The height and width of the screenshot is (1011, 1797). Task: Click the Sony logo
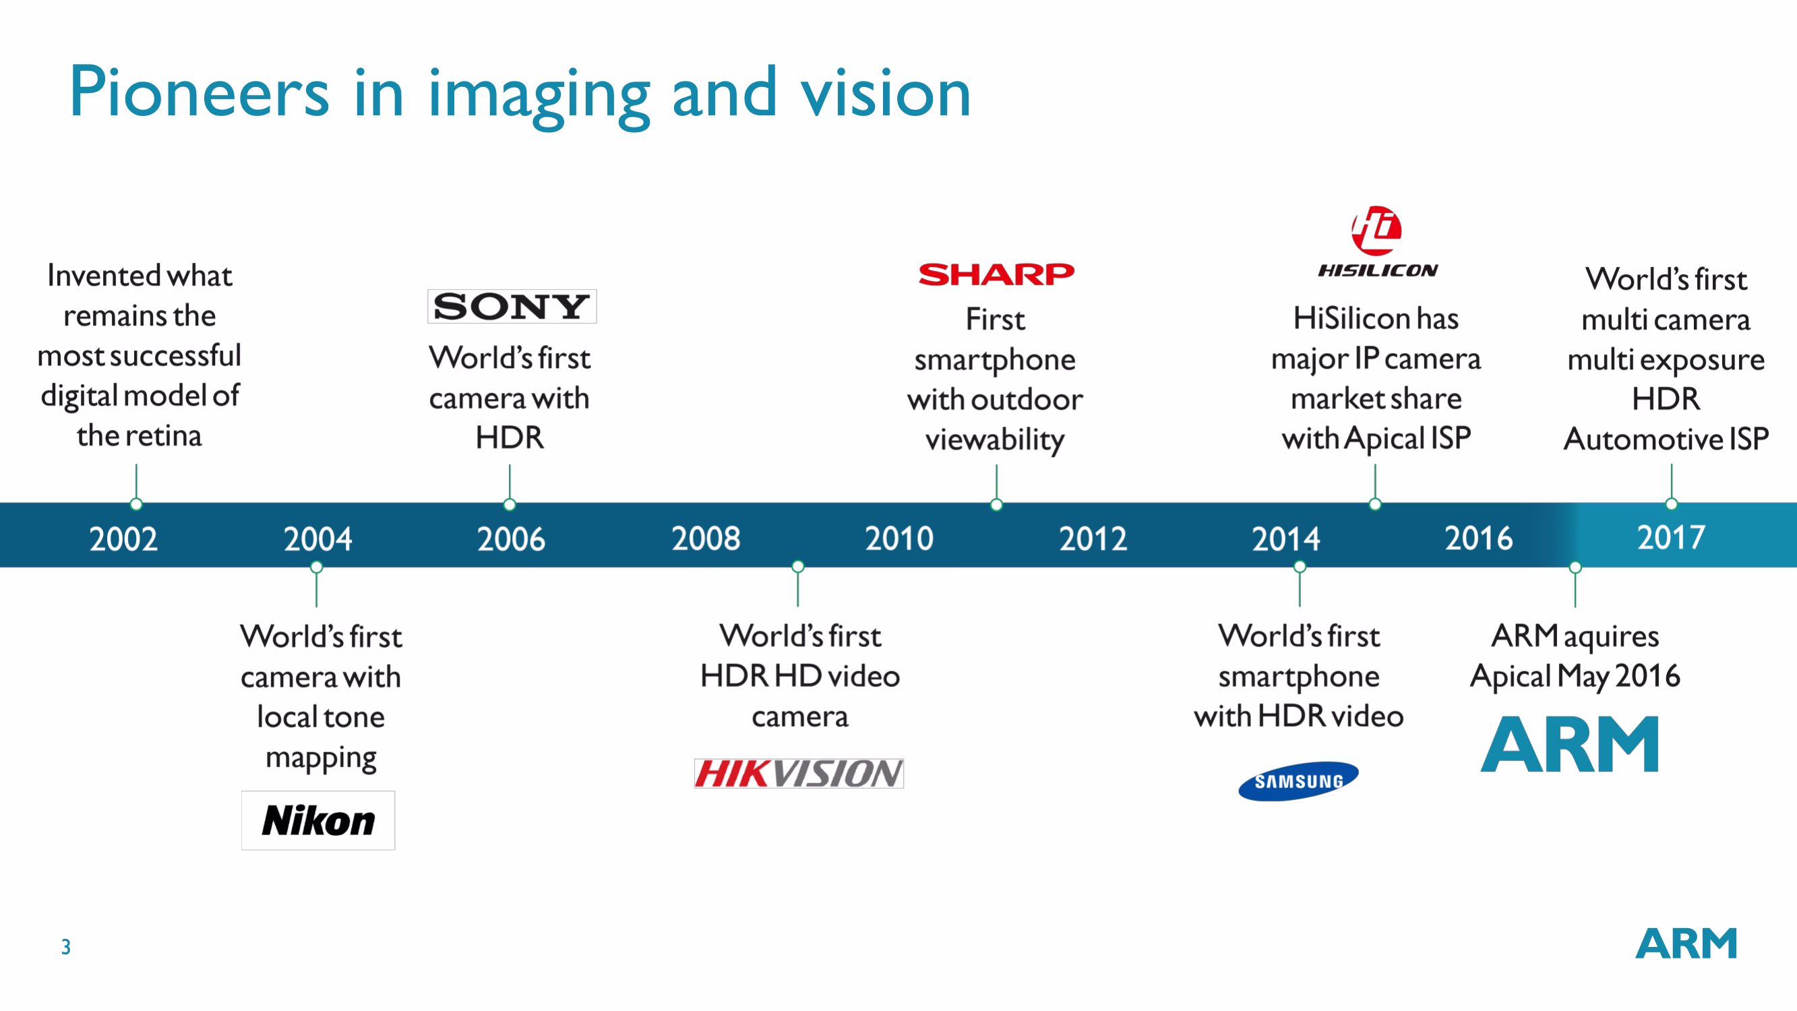pos(512,306)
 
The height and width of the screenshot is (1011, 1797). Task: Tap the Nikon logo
pos(318,820)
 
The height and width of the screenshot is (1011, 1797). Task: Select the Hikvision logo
pos(799,773)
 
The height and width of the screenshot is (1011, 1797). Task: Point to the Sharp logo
pos(996,274)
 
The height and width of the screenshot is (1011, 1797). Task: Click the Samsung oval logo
pos(1298,780)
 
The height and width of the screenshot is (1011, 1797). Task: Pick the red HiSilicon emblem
pos(1376,231)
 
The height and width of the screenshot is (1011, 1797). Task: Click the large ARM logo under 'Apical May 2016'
pos(1570,744)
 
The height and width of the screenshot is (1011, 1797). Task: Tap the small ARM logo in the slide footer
pos(1686,944)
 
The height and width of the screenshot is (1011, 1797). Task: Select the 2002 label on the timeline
pos(123,539)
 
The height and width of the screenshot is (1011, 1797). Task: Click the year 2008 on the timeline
pos(706,539)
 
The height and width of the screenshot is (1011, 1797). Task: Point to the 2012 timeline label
pos(1093,539)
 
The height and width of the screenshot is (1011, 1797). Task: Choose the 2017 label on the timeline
pos(1672,537)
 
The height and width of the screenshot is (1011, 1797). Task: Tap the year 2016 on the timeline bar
pos(1479,539)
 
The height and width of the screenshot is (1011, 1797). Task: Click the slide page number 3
pos(65,947)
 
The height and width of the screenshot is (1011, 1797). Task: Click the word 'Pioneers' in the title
pos(199,92)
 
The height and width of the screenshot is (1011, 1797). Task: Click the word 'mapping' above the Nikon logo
pos(321,759)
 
